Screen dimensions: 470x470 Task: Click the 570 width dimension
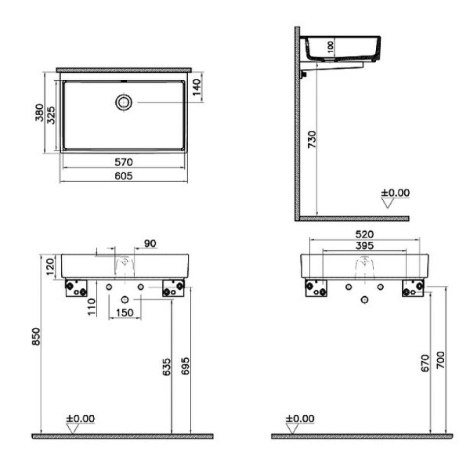click(124, 162)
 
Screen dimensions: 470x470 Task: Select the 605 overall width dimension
click(124, 175)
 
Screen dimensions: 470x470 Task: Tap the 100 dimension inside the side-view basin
click(331, 46)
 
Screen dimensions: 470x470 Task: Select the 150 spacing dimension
click(124, 313)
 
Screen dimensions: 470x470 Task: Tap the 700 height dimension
click(442, 360)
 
